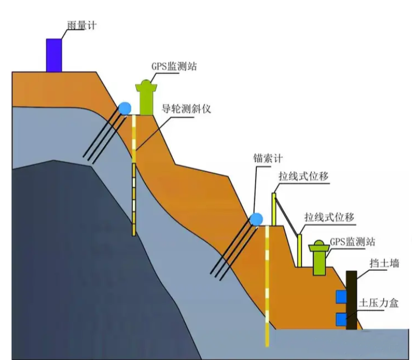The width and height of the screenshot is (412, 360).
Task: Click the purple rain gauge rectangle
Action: click(x=54, y=55)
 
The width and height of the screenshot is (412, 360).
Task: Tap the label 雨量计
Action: click(x=81, y=26)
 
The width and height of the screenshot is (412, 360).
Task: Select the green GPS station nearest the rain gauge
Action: click(x=146, y=97)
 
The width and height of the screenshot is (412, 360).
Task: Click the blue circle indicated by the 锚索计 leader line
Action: click(x=257, y=219)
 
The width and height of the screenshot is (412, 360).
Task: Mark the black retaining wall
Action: click(x=351, y=300)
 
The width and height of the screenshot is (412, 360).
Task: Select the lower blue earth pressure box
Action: click(x=340, y=319)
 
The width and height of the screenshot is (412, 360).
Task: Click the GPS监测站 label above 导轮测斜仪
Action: click(x=172, y=66)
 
